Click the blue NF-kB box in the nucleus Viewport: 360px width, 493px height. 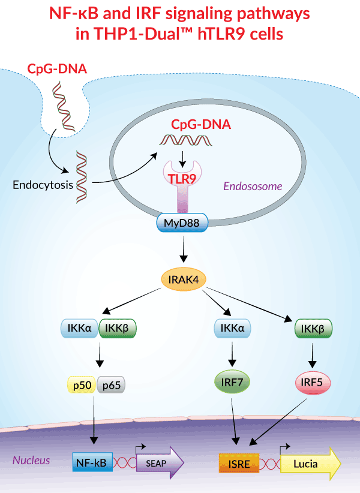(92, 462)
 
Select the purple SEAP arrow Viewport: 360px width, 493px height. (160, 462)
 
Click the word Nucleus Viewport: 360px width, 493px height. (31, 461)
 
